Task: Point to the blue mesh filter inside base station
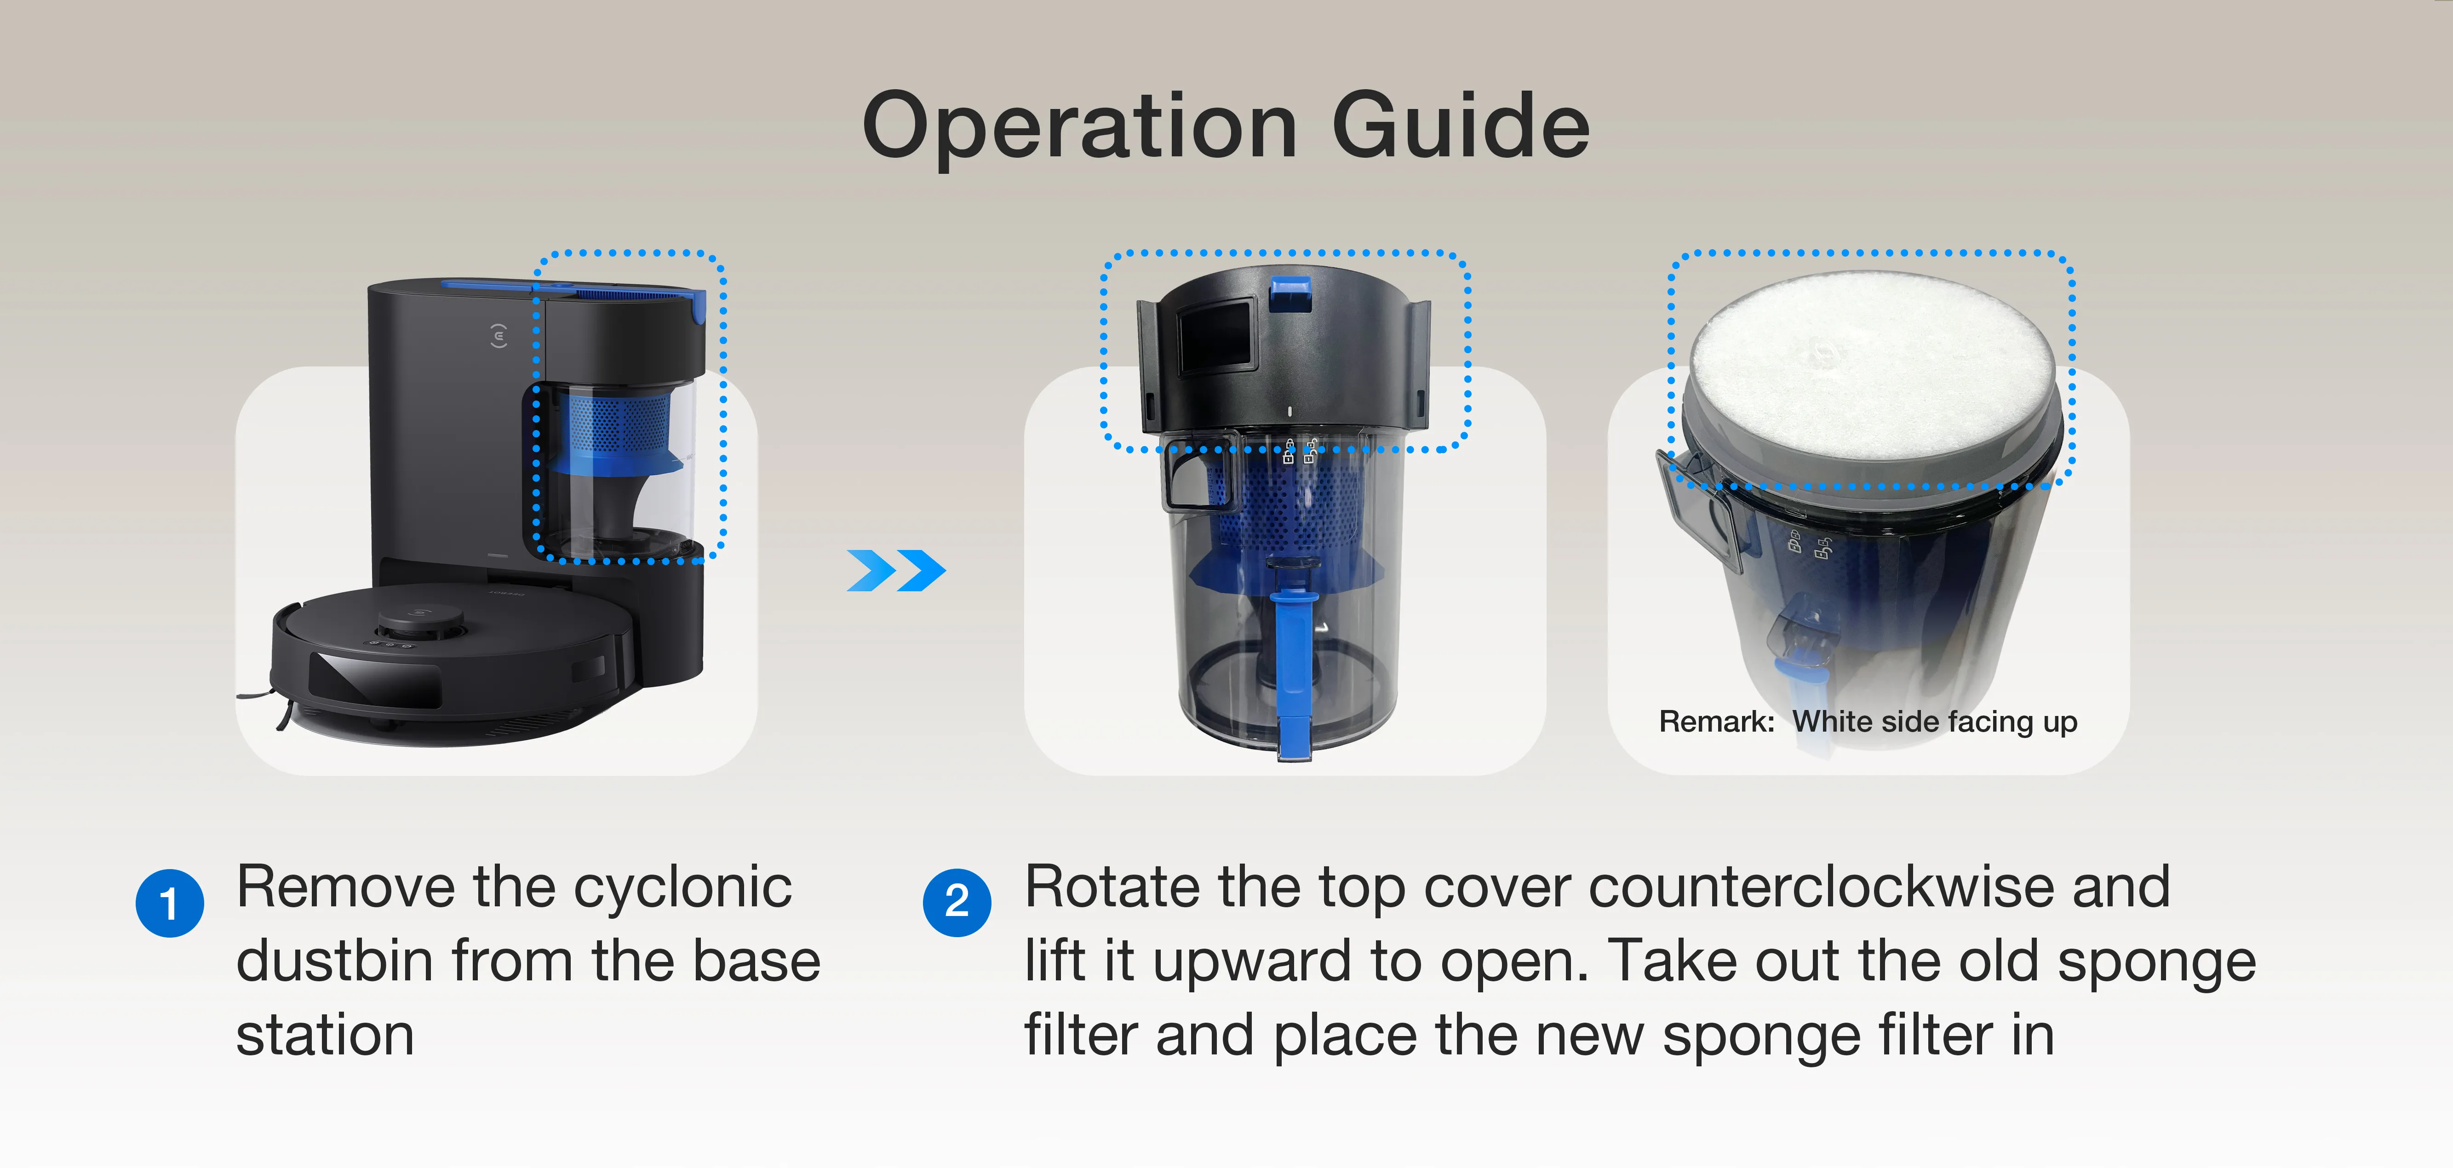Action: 609,424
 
